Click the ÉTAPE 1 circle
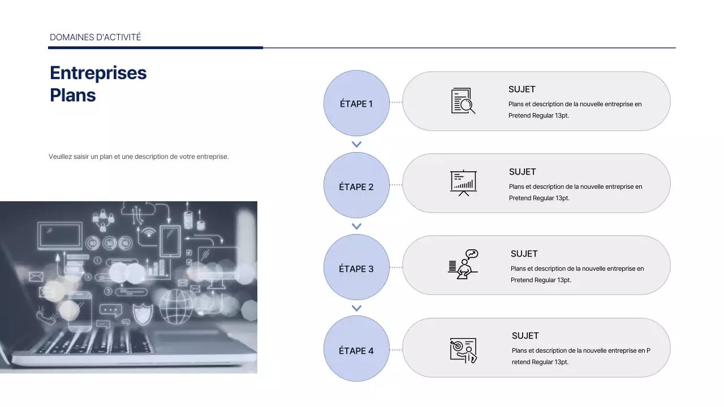pos(356,103)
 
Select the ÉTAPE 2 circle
pos(356,185)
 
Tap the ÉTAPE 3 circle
pos(356,267)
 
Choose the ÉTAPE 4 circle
pos(356,349)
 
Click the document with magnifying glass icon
pos(463,101)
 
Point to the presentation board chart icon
pos(463,183)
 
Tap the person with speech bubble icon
pos(463,264)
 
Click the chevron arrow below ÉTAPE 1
pos(356,144)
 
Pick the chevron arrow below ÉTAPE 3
pos(356,309)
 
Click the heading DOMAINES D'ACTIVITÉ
pos(96,37)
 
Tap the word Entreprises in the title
pos(98,73)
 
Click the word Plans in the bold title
pos(73,95)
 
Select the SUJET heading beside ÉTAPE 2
pos(522,172)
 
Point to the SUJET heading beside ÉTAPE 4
pos(525,336)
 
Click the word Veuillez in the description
pos(60,157)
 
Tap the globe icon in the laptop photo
pos(176,307)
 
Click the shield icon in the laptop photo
pos(143,314)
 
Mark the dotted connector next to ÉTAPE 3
pos(396,267)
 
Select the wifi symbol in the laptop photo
pos(149,232)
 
